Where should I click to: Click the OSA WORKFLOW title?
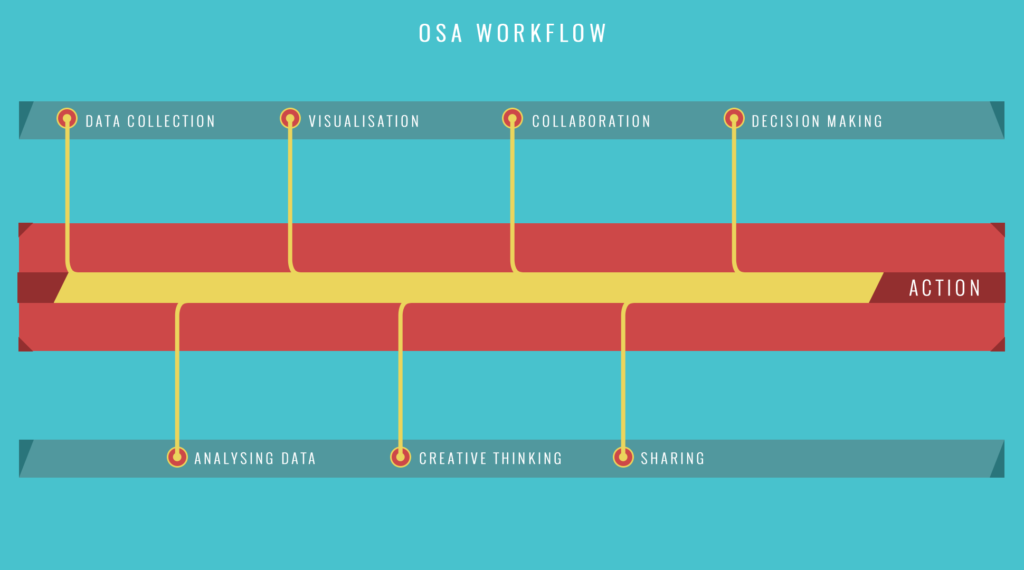(513, 33)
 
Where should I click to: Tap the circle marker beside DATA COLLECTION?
(67, 118)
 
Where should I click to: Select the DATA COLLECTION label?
(150, 121)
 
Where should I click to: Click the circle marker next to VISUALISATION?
(290, 118)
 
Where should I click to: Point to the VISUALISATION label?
(364, 121)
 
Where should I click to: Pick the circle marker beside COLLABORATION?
(513, 118)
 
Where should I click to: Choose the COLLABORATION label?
(591, 121)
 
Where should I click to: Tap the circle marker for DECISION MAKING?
(734, 118)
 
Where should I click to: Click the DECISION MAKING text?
(817, 121)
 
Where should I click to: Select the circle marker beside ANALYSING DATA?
(177, 457)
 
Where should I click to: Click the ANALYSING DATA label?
(255, 459)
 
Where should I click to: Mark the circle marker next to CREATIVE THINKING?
(401, 457)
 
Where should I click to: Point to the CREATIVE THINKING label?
(490, 459)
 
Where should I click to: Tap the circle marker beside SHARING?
(623, 457)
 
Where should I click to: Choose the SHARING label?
(672, 459)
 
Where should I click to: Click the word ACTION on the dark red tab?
(945, 288)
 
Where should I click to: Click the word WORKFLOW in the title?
(542, 33)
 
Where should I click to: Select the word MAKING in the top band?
(855, 121)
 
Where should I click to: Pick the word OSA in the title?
(441, 33)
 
